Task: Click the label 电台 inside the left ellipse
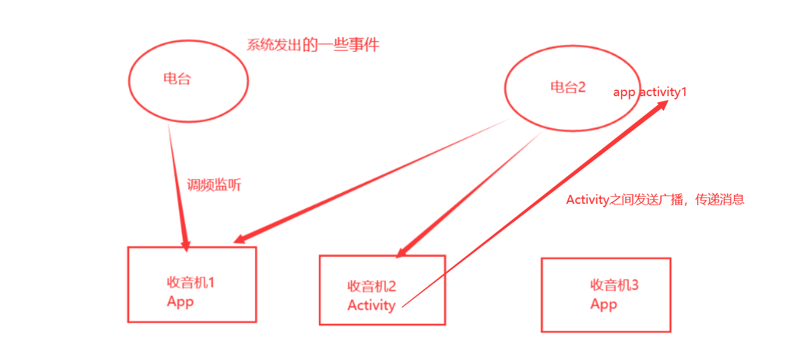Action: point(177,79)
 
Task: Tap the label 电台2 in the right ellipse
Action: point(567,87)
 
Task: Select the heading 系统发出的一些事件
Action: point(313,45)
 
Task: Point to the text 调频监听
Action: point(214,185)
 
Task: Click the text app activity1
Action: point(649,92)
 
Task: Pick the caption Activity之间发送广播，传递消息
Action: point(655,199)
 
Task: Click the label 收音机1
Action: point(190,283)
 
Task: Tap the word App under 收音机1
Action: point(180,302)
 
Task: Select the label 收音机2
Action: point(371,286)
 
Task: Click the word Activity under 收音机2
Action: point(371,305)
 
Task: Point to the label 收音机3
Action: point(614,285)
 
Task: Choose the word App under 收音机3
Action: point(603,304)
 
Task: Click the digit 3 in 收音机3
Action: point(634,285)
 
